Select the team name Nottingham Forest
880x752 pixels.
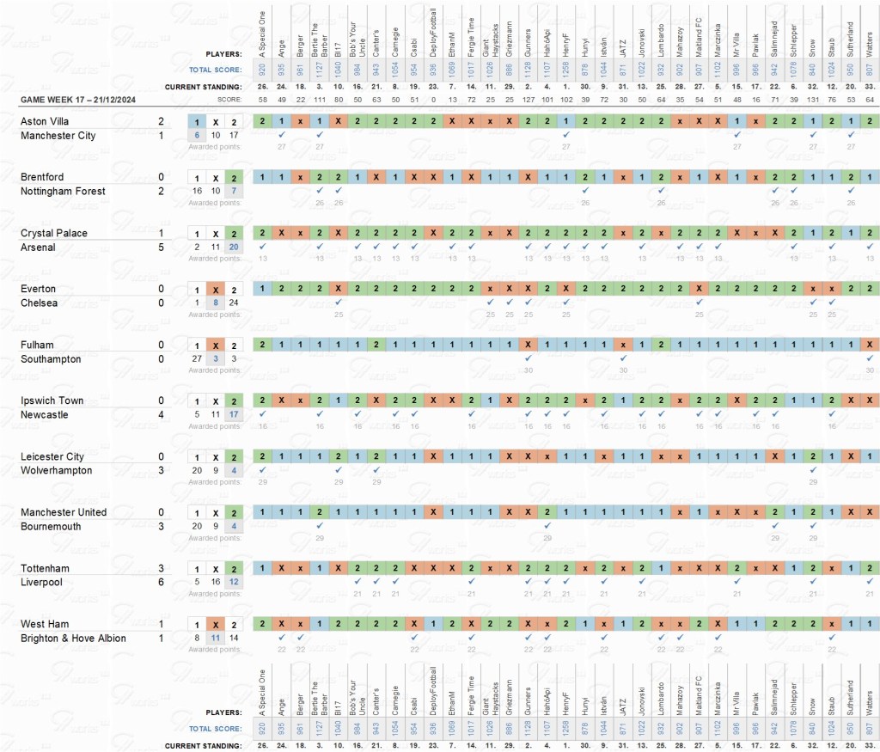(64, 191)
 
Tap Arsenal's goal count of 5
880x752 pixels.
(161, 247)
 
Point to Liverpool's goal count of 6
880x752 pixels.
(161, 582)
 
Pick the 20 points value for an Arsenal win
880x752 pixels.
(235, 247)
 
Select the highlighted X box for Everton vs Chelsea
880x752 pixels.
(216, 289)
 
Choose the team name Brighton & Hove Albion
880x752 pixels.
(73, 638)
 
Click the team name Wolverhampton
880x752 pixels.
(56, 470)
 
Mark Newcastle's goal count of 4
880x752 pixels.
(161, 414)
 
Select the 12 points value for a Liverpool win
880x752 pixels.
(235, 582)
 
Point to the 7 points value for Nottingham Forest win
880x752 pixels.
(235, 191)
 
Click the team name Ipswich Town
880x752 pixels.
(52, 401)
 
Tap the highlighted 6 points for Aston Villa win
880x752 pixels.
(197, 135)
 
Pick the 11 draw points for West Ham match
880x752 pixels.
(216, 638)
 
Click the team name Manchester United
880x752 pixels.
(64, 512)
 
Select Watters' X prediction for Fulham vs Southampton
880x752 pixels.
(870, 345)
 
